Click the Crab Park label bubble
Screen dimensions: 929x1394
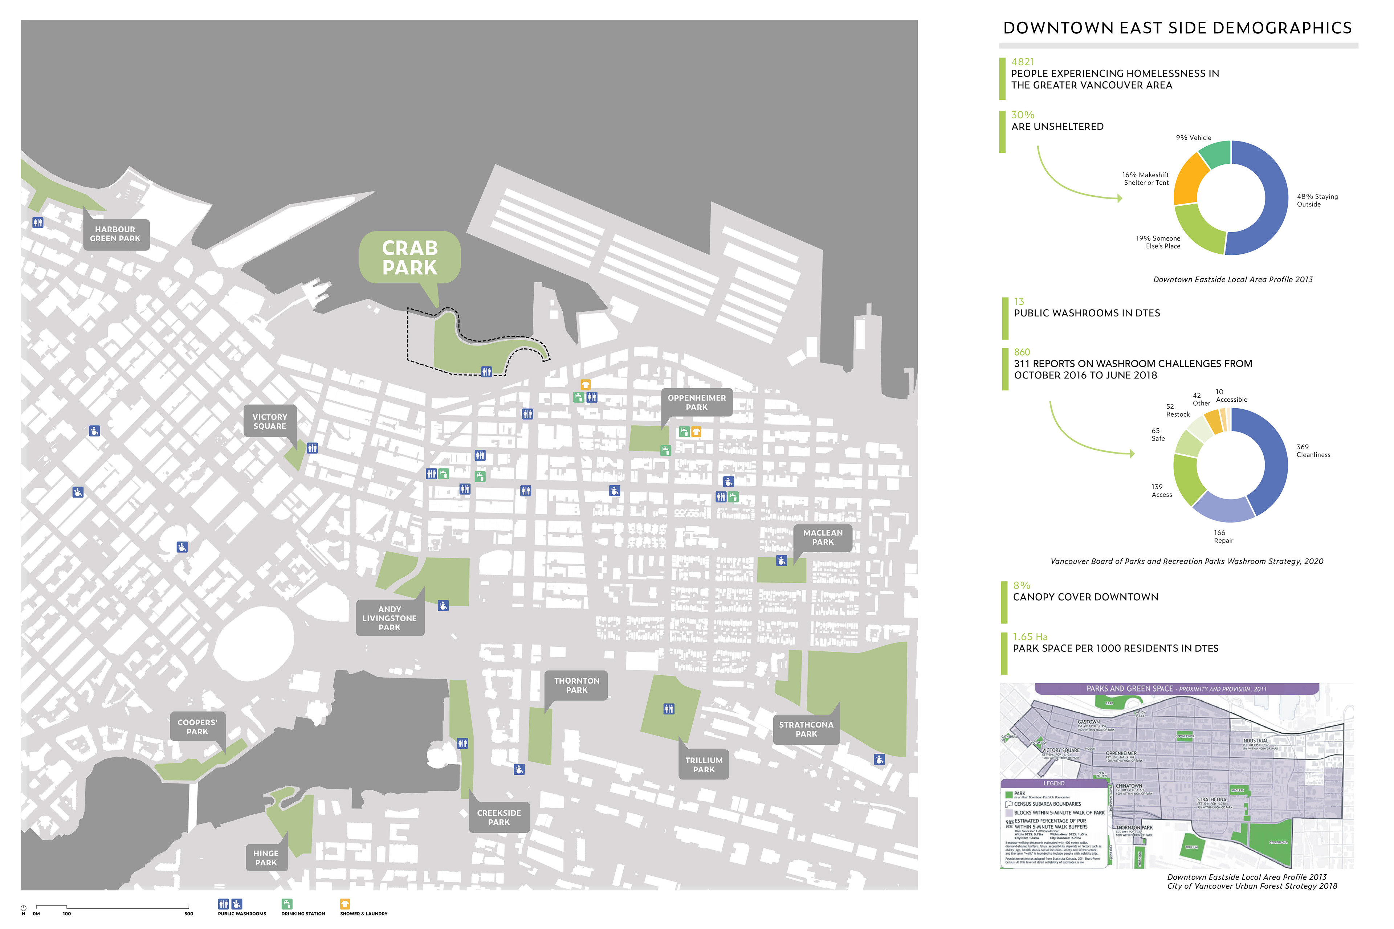(x=409, y=257)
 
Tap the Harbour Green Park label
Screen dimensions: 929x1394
(x=115, y=234)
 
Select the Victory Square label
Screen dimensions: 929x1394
(x=270, y=421)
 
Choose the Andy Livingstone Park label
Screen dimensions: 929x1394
(x=390, y=618)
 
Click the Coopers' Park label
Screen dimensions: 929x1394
(x=197, y=727)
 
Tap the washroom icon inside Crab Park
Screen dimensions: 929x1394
(x=486, y=372)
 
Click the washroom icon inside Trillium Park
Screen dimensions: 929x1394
(x=669, y=709)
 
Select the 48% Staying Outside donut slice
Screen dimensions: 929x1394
(x=1274, y=201)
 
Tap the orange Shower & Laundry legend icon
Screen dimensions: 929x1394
(x=345, y=904)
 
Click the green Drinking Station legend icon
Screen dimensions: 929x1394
(x=287, y=904)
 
